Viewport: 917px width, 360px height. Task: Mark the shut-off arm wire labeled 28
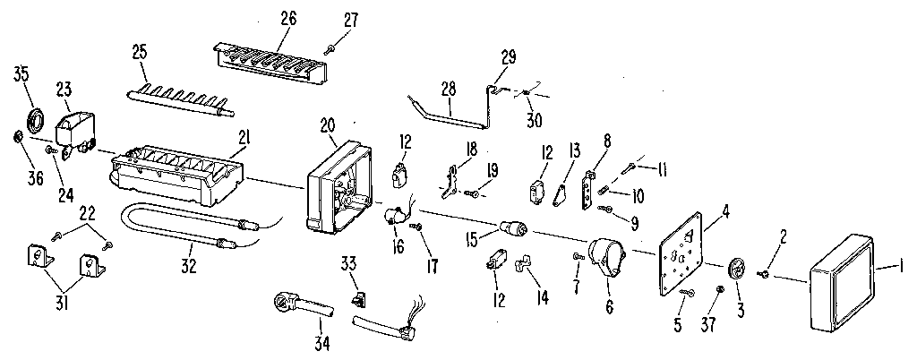click(448, 113)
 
